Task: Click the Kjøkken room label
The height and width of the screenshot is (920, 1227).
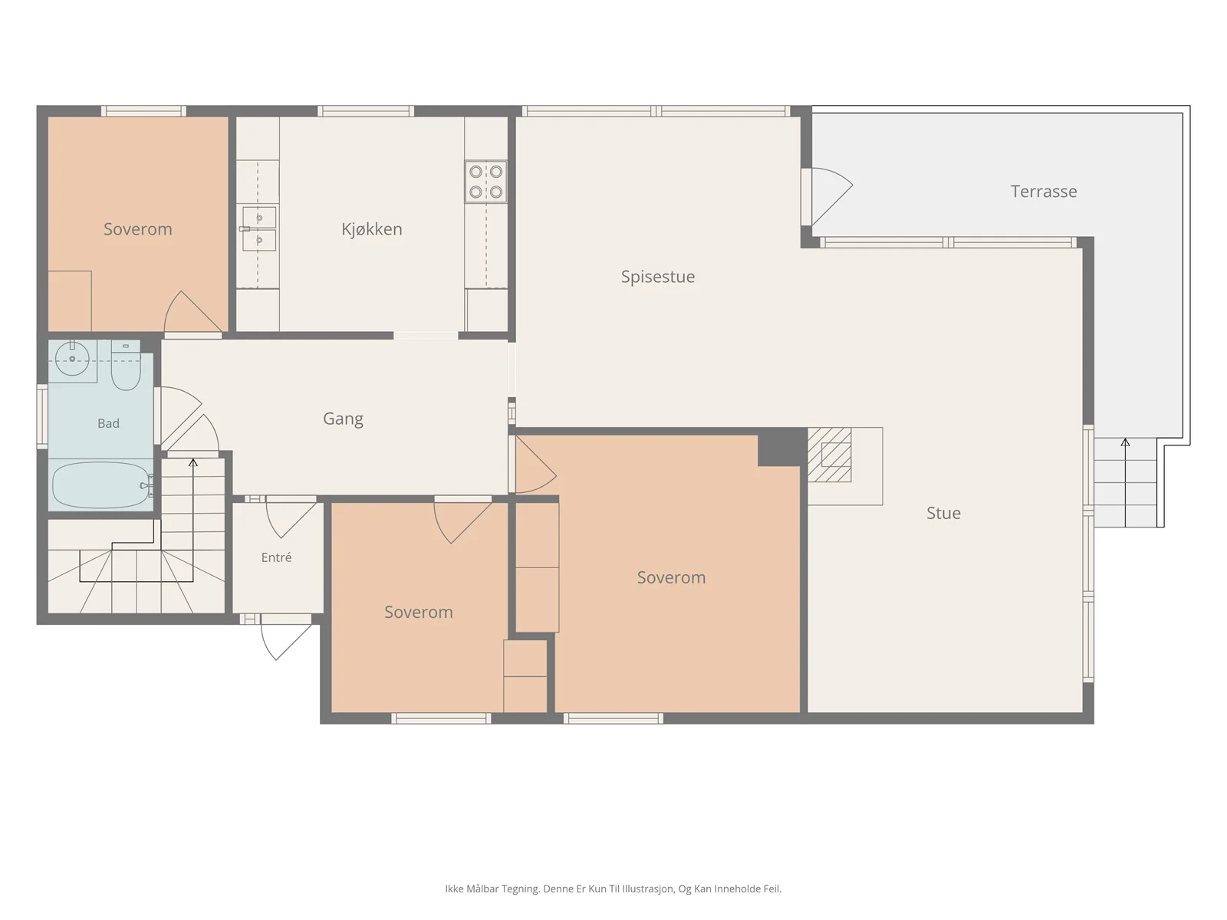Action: tap(372, 229)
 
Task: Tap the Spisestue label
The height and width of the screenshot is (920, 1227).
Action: tap(658, 277)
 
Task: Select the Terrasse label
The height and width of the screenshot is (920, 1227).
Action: tap(1044, 192)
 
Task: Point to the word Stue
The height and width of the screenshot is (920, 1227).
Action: tap(943, 513)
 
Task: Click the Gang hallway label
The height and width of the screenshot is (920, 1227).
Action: tap(344, 419)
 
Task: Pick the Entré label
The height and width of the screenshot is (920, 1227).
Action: tap(276, 557)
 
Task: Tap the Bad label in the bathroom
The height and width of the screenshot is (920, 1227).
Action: tap(108, 423)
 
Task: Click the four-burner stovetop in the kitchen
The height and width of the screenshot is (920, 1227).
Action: tap(485, 182)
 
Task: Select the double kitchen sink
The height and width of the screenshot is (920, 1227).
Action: tap(258, 228)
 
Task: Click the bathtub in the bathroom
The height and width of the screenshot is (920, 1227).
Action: tap(101, 485)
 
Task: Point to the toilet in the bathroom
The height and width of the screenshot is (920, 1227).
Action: tap(126, 366)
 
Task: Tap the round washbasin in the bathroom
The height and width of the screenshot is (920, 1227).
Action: tap(72, 359)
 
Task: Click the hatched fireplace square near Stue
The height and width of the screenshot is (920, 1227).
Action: tap(830, 455)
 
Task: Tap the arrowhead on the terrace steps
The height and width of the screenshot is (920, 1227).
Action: tap(1125, 442)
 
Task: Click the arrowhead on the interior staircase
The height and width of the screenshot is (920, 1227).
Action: tap(192, 462)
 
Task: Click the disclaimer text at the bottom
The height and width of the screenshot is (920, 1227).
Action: tap(613, 889)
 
